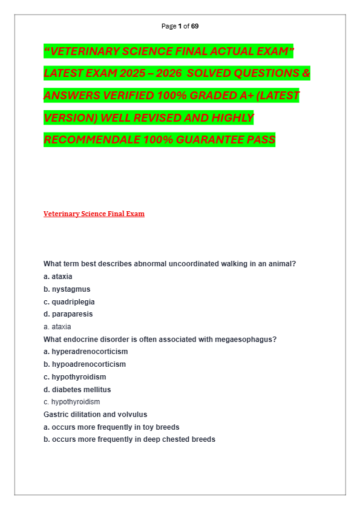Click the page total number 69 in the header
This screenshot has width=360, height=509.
[195, 26]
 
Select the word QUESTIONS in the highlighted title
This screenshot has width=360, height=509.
[251, 74]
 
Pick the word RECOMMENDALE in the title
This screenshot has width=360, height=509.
[91, 140]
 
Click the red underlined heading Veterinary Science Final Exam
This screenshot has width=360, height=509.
[94, 214]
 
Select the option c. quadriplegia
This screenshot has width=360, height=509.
[69, 302]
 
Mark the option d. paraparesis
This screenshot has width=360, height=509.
[68, 314]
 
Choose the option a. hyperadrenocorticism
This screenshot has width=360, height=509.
[85, 352]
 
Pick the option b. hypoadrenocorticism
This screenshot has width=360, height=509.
[85, 364]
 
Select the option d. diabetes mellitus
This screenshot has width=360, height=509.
[77, 390]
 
